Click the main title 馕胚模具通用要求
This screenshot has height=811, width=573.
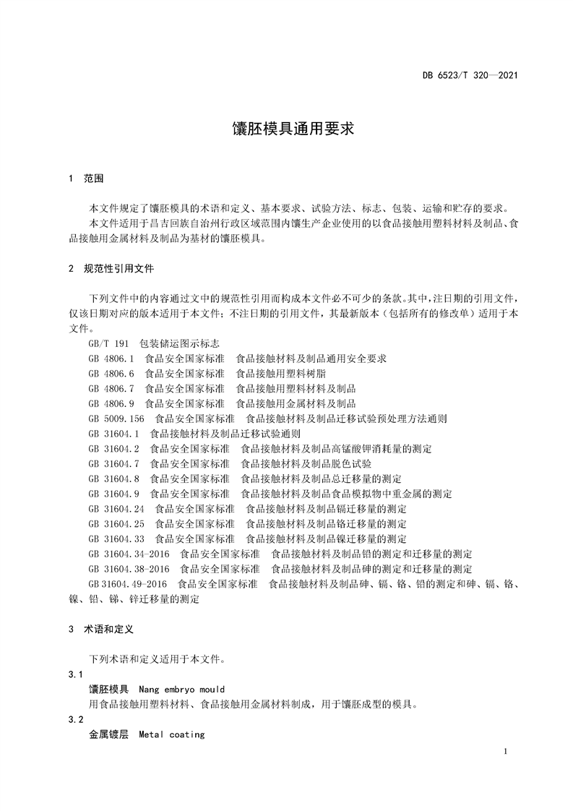point(286,129)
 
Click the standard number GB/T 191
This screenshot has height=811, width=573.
point(108,343)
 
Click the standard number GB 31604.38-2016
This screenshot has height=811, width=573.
point(129,568)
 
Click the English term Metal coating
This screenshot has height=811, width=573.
point(172,734)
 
